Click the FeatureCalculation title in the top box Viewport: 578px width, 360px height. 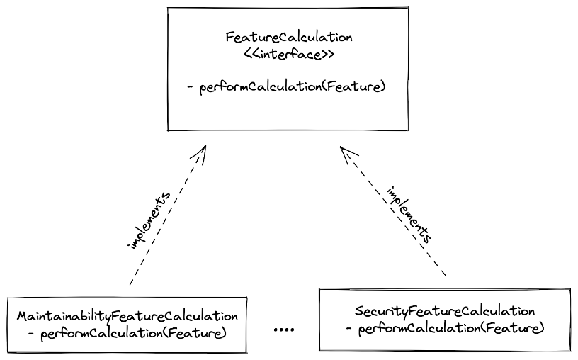289,38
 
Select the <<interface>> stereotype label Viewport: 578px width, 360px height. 289,55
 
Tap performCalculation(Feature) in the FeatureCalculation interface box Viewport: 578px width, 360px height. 293,87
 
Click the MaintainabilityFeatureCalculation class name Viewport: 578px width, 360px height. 127,317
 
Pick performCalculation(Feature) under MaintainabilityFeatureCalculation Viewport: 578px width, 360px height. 133,334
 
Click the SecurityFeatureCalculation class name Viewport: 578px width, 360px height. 445,312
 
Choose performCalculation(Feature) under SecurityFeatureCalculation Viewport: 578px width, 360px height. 451,329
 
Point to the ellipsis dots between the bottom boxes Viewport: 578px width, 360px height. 284,330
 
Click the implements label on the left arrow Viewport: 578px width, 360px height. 149,220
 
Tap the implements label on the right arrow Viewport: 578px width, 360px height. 409,215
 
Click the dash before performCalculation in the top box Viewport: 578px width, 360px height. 191,87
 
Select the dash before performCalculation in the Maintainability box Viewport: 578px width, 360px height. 31,334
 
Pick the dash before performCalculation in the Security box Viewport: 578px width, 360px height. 349,328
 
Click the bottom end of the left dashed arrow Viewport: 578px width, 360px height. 130,285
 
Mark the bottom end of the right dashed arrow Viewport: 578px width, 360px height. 446,275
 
